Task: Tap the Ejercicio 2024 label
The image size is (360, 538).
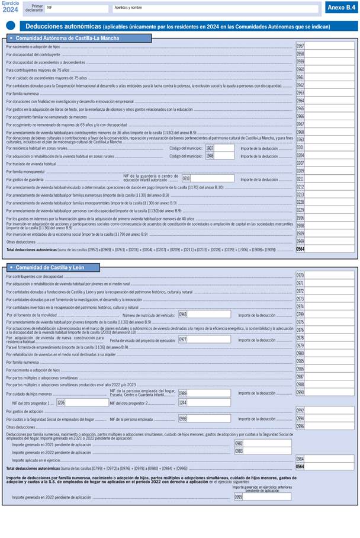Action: pos(11,7)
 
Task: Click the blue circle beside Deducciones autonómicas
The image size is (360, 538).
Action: pos(10,26)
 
